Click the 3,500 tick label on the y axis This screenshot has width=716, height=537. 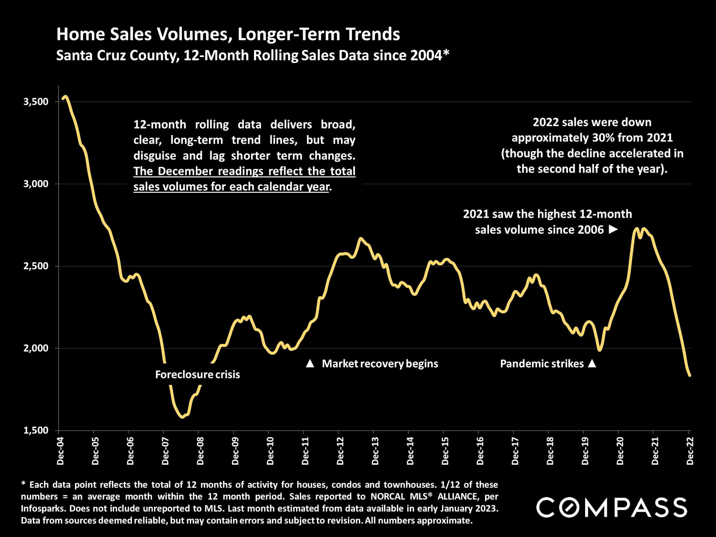[36, 102]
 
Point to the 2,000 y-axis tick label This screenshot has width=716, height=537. [36, 348]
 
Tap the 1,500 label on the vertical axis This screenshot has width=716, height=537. [36, 430]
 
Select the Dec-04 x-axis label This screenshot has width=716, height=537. [60, 451]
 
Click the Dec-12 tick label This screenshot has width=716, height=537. [340, 451]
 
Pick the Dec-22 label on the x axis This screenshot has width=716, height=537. [690, 451]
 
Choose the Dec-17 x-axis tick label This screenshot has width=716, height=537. [515, 451]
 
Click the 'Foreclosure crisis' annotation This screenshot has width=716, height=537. [197, 374]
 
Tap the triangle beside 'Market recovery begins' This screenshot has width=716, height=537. [310, 364]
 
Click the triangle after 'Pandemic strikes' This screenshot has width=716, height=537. [592, 363]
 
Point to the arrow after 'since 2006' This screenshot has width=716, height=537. [613, 229]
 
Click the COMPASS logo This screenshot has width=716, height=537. [612, 507]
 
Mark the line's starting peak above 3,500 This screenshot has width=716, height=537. [65, 97]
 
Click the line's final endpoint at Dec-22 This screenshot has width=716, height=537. [690, 375]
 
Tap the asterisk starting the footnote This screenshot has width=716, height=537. [23, 484]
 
